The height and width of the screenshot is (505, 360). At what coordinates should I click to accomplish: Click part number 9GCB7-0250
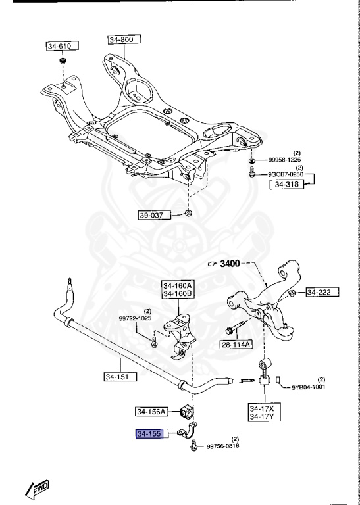point(286,174)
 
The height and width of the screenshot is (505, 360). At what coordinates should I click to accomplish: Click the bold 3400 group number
point(230,264)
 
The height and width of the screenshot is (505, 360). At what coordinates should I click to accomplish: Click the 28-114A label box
point(236,343)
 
